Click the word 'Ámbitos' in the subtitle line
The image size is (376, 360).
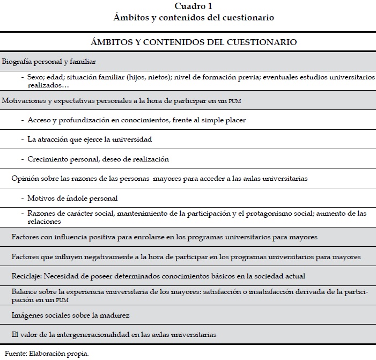point(129,18)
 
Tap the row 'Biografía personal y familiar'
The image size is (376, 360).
point(49,62)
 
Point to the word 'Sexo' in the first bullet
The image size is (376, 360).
point(36,77)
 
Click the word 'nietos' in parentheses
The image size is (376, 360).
point(153,77)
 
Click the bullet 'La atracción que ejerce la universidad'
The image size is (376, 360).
point(90,139)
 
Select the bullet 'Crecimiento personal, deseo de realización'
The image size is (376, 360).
point(98,159)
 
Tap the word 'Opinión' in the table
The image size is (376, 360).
point(25,179)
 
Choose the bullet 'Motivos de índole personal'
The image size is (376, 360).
point(72,198)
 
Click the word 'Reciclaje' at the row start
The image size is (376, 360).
point(27,276)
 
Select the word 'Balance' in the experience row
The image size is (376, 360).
point(25,291)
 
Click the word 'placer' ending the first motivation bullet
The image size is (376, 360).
point(234,120)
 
